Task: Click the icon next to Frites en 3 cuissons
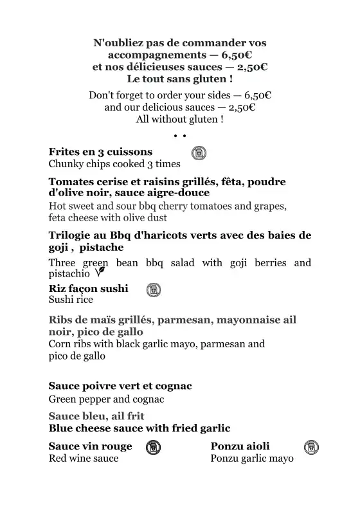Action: pyautogui.click(x=199, y=153)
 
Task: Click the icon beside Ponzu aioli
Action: pyautogui.click(x=311, y=447)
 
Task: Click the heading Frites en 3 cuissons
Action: pyautogui.click(x=100, y=152)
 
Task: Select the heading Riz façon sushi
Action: pyautogui.click(x=88, y=288)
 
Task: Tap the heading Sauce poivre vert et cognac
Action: pyautogui.click(x=120, y=386)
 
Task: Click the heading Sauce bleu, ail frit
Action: pyautogui.click(x=92, y=416)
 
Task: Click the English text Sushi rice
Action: pyautogui.click(x=71, y=300)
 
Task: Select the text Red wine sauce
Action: pyautogui.click(x=84, y=459)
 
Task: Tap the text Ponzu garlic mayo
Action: pyautogui.click(x=252, y=459)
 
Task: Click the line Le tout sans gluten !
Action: pyautogui.click(x=180, y=79)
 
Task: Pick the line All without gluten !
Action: pyautogui.click(x=180, y=120)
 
